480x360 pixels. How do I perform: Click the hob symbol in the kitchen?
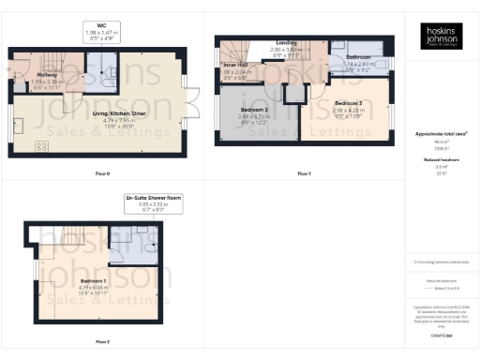coord(41,146)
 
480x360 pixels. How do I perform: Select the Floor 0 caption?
coord(101,174)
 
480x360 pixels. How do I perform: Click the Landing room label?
coord(286,43)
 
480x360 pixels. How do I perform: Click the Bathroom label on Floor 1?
coord(357,58)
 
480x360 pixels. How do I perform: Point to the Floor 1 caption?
coord(304,174)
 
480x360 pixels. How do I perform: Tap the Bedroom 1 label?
coord(93,280)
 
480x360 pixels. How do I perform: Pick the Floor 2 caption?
coord(101,342)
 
